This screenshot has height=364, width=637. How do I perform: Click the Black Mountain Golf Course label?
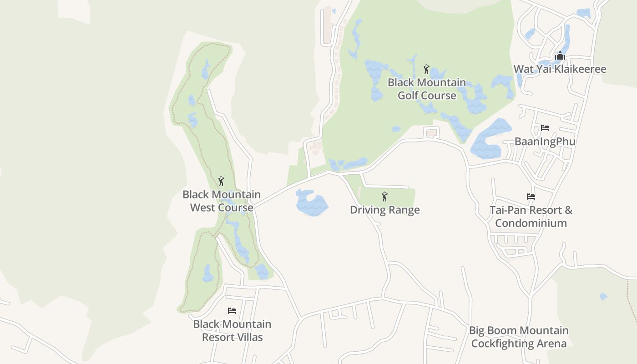point(427,89)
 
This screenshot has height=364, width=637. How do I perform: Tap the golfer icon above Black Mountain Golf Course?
point(426,69)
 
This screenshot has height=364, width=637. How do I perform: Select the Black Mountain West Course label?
point(222,201)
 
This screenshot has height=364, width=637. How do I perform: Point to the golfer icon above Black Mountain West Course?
point(222,181)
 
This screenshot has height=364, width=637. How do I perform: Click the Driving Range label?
point(384,210)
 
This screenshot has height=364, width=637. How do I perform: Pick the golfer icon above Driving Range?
point(384,197)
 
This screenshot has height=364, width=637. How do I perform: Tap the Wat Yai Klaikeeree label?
point(560,69)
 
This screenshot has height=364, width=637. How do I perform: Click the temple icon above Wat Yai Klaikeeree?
point(560,56)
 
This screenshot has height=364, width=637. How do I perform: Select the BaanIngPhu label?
point(545,142)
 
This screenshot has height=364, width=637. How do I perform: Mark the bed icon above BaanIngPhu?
point(545,128)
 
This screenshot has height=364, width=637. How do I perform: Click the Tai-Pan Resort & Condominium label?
point(531,217)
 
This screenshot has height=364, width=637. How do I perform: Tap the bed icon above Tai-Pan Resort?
point(531,197)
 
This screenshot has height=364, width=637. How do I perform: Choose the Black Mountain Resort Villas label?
point(232,331)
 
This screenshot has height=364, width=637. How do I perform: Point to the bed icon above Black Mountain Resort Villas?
point(232,311)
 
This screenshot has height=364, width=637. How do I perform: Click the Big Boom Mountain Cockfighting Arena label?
point(519,337)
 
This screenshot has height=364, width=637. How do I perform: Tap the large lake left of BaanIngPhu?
point(490,139)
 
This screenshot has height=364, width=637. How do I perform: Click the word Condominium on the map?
point(531,223)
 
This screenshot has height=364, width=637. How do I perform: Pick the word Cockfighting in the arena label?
point(502,344)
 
